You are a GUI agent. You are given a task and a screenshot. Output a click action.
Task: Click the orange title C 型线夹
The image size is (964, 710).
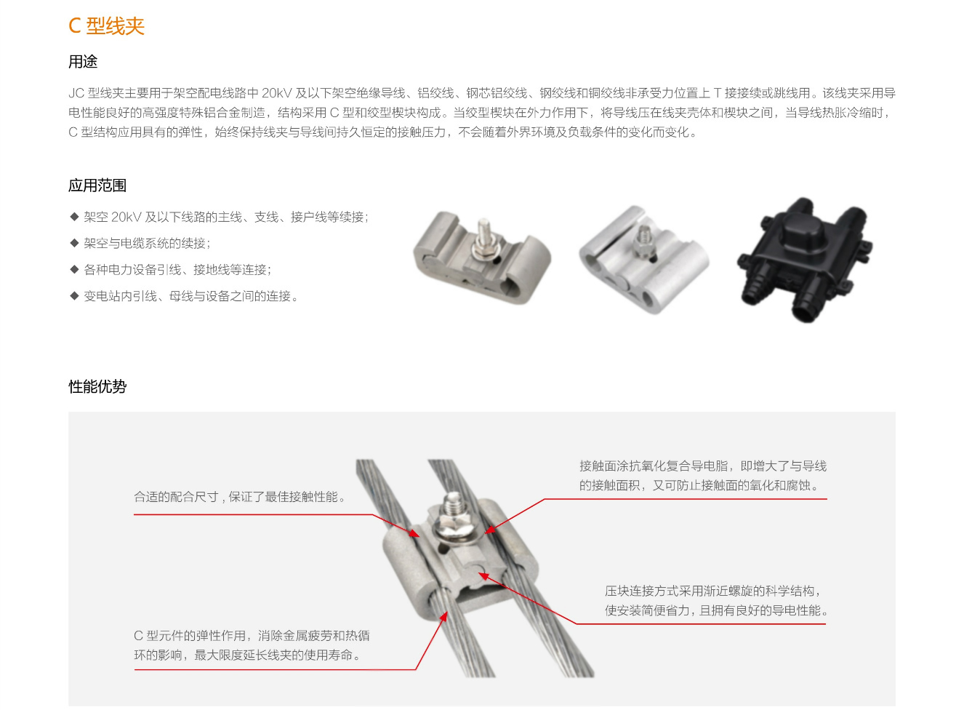coord(106,26)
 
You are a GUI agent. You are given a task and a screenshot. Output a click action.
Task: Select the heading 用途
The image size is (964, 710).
coord(83,62)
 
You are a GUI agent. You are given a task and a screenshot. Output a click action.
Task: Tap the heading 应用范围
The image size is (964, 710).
coord(97,186)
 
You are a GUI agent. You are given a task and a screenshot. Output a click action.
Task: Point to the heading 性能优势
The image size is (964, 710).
coord(97,386)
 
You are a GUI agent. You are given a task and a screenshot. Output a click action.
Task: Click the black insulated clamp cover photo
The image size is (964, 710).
coord(803,260)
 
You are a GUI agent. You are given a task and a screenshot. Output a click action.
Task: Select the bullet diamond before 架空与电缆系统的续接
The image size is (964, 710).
coord(74,243)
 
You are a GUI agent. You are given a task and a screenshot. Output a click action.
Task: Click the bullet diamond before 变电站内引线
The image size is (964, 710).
coord(74,296)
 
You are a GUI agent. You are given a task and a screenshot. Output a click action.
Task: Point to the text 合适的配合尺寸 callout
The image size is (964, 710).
coord(240,497)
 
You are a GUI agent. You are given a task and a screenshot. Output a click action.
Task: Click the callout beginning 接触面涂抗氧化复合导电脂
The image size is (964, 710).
coord(703,475)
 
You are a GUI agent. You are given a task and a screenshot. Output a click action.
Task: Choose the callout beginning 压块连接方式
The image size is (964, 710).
coord(716,600)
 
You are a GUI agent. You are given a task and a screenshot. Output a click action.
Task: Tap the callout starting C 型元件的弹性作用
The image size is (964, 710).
coord(252,645)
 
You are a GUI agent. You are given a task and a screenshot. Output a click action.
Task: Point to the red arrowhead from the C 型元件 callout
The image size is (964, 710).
coord(443,617)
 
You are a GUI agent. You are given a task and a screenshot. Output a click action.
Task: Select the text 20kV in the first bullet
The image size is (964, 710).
coord(126,217)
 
